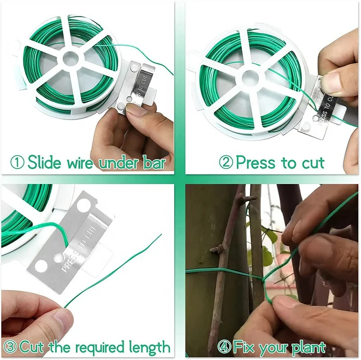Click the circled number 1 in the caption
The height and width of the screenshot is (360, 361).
tap(18, 162)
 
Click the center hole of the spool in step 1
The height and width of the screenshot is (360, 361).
tap(70, 58)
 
